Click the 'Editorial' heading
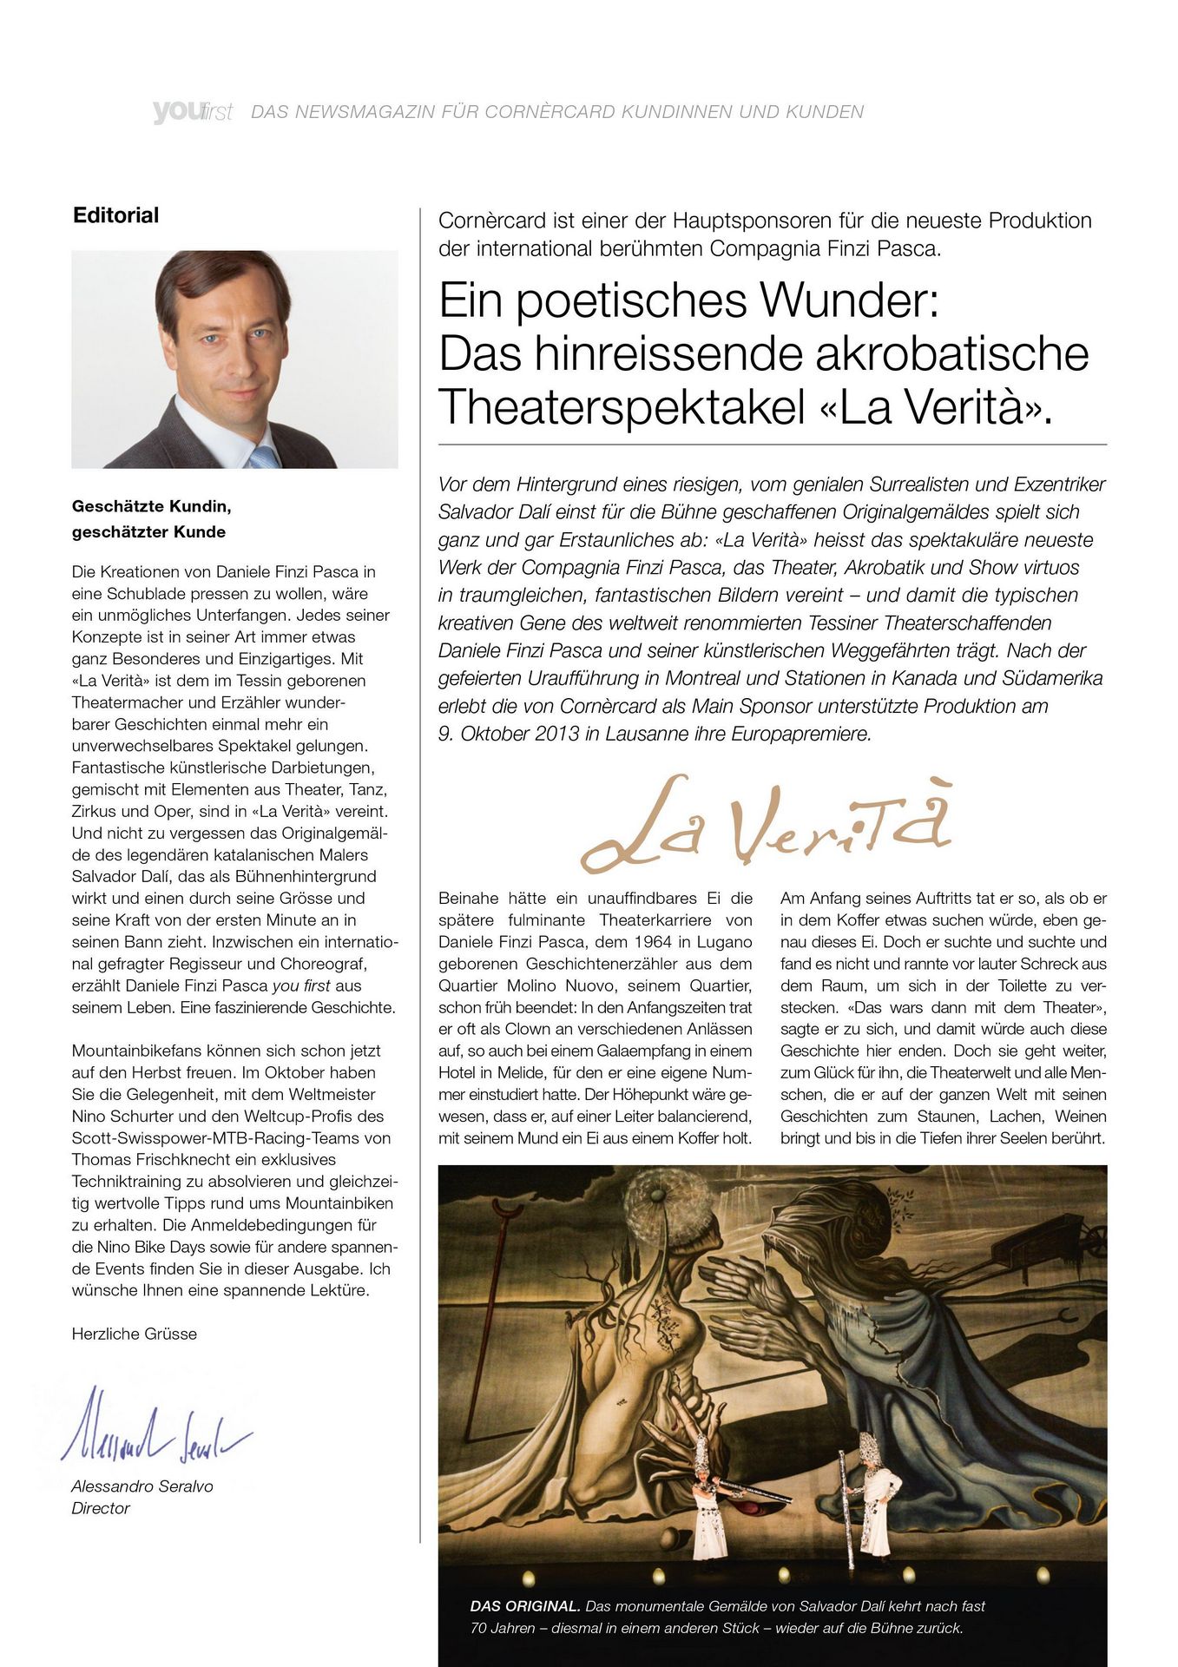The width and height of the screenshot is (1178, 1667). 115,215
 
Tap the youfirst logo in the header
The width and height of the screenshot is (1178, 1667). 192,112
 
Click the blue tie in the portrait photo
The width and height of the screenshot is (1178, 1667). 263,457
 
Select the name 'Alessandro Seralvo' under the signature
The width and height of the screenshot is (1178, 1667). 141,1486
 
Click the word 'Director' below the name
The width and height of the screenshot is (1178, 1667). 101,1508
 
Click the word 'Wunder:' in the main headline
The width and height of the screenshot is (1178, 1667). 850,300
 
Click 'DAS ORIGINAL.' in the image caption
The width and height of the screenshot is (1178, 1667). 525,1606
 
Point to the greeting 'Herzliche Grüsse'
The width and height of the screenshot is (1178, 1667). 134,1334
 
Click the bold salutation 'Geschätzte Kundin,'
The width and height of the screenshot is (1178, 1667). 151,506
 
